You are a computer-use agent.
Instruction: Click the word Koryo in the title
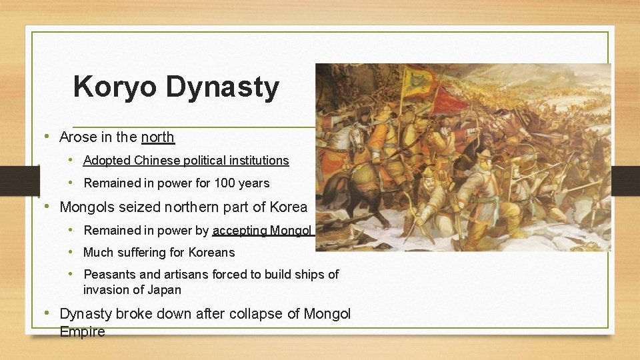[115, 87]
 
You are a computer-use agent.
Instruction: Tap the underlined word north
[157, 137]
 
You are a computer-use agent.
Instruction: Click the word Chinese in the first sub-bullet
[153, 161]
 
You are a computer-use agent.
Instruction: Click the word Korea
[288, 207]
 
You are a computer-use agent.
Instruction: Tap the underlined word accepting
[240, 231]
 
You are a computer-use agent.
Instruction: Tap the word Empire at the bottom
[82, 331]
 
